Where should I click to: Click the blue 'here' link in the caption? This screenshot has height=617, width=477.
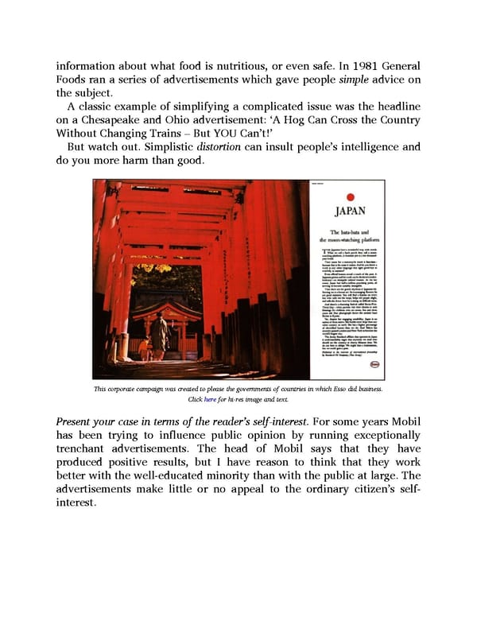pos(210,399)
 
